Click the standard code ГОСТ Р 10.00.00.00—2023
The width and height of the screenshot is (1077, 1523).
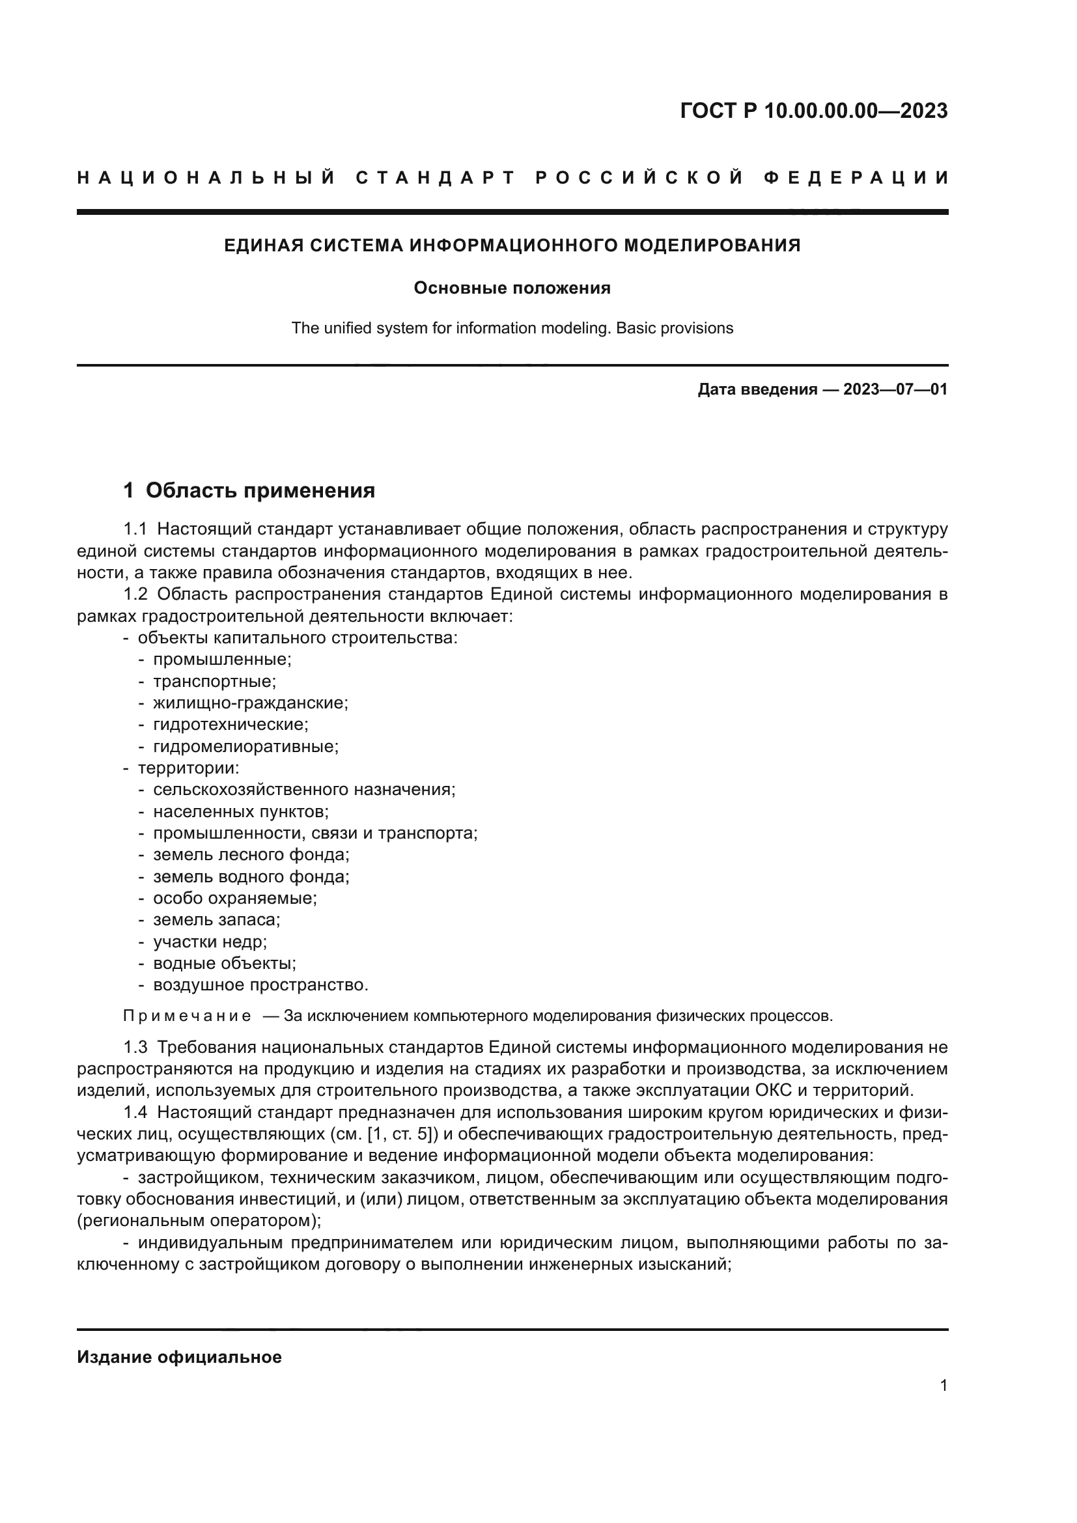pyautogui.click(x=814, y=111)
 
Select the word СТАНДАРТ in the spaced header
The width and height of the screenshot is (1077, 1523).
pyautogui.click(x=435, y=178)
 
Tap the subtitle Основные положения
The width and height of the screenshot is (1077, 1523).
pyautogui.click(x=512, y=288)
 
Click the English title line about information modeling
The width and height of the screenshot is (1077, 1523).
pyautogui.click(x=512, y=328)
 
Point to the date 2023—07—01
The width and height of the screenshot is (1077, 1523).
pyautogui.click(x=895, y=389)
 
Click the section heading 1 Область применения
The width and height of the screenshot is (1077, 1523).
pyautogui.click(x=249, y=490)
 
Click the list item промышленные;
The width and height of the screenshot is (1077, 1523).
pyautogui.click(x=222, y=660)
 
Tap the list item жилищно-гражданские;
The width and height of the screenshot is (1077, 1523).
pyautogui.click(x=251, y=703)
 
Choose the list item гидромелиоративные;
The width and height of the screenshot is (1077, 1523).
pyautogui.click(x=245, y=746)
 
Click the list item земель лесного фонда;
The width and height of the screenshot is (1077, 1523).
pyautogui.click(x=251, y=855)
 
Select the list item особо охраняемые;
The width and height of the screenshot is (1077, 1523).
pyautogui.click(x=235, y=898)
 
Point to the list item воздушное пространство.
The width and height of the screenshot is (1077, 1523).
pyautogui.click(x=260, y=985)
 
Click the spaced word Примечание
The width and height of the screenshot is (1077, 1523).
pyautogui.click(x=187, y=1016)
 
